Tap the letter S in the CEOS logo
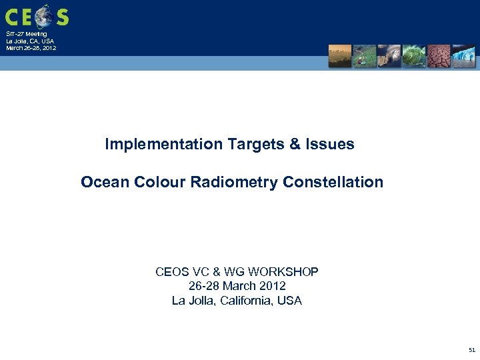coord(62,17)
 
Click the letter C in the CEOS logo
coord(12,17)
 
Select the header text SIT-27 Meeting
coord(27,34)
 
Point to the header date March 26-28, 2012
coord(31,48)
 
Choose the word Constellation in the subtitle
coord(333,182)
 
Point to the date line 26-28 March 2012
coord(237,286)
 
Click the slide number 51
coord(472,349)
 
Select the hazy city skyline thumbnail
coord(340,57)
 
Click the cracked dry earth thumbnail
coord(439,57)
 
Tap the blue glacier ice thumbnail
coord(463,57)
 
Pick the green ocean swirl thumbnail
coord(414,57)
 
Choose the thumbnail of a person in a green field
coord(365,57)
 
